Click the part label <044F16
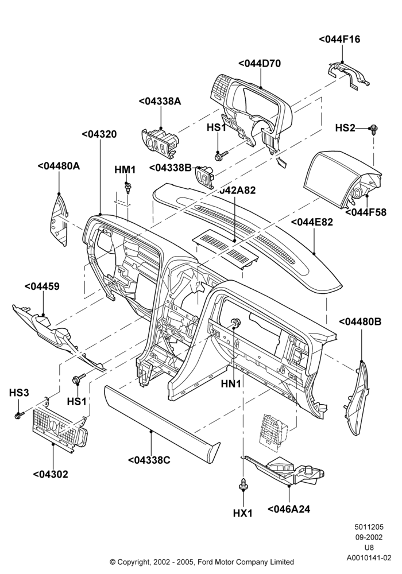(339, 39)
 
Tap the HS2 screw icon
(374, 128)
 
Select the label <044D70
(260, 63)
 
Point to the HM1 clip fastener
(127, 188)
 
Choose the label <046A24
(289, 509)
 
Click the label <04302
(51, 475)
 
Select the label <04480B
(360, 321)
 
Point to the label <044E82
(312, 222)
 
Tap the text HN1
(231, 383)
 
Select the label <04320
(99, 134)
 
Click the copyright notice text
(202, 561)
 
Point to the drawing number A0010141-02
(369, 558)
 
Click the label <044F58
(365, 212)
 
